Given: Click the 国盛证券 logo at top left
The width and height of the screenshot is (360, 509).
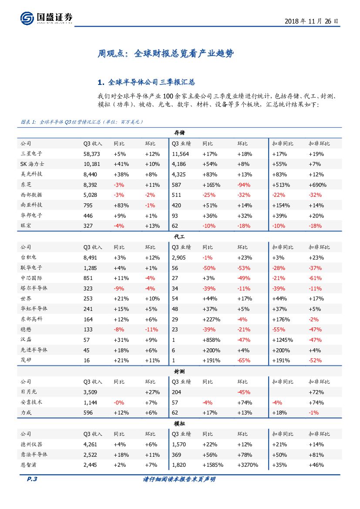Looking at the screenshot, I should click(46, 18).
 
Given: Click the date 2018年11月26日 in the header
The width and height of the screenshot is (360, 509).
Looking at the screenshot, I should click(311, 21).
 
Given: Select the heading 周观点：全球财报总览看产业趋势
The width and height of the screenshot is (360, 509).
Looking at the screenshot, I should click(165, 54).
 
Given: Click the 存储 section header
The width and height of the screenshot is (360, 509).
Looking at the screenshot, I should click(179, 132).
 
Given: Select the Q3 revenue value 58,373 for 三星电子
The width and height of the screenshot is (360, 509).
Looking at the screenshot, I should click(92, 154).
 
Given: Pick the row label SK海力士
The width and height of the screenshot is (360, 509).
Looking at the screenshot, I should click(32, 164).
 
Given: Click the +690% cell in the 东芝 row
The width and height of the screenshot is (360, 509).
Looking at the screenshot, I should click(317, 185).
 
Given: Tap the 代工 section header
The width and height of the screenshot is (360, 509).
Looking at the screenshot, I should click(179, 236).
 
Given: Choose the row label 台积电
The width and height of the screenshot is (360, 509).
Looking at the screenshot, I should click(29, 257).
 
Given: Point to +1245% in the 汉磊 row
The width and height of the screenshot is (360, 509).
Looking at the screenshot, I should click(282, 340).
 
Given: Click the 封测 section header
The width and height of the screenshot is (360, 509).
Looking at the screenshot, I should click(179, 371).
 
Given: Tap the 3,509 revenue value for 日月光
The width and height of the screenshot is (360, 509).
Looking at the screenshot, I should click(91, 392).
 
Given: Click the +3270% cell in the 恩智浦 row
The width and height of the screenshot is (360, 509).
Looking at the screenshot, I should click(248, 465).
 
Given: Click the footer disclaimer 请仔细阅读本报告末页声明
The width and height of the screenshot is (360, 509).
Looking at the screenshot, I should click(179, 479).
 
